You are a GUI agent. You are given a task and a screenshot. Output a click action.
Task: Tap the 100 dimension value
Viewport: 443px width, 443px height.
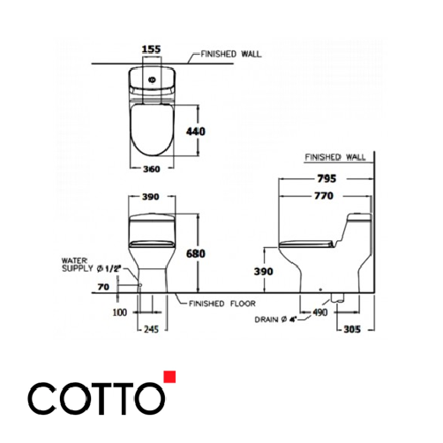pos(121,312)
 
